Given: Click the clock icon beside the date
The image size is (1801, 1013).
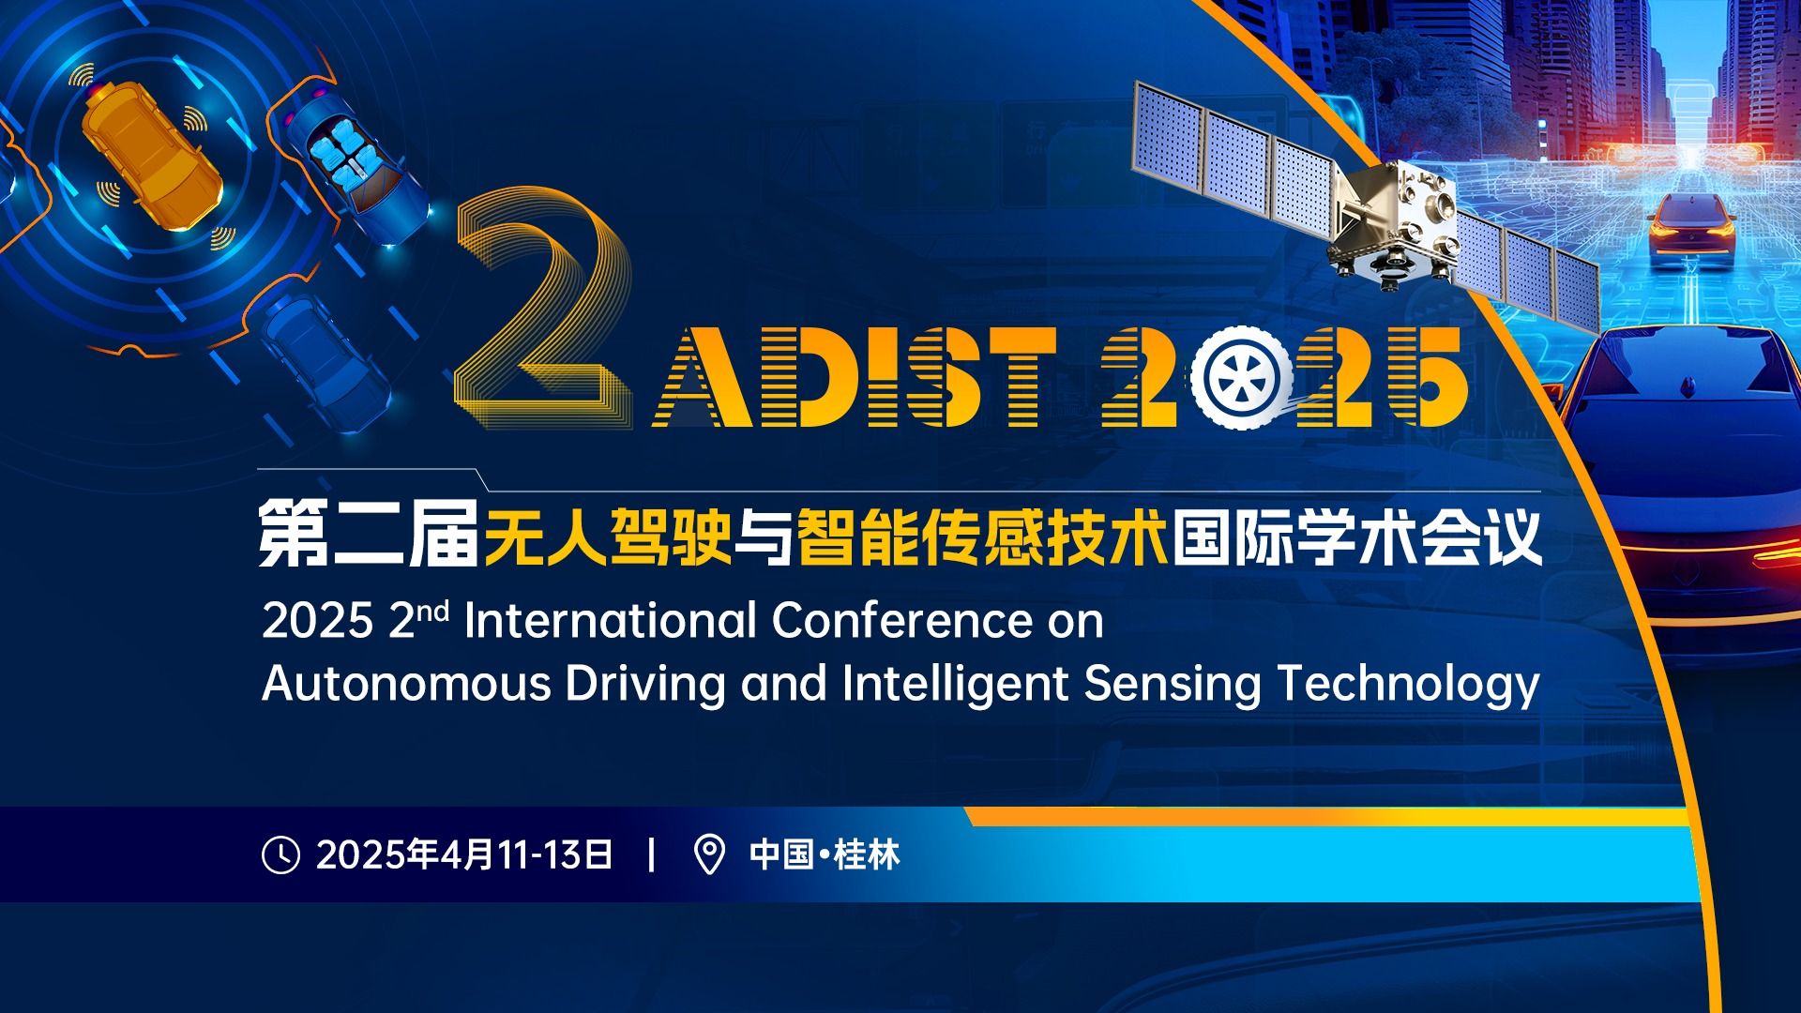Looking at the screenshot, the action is [280, 854].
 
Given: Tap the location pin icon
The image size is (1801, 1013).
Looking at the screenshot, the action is [709, 854].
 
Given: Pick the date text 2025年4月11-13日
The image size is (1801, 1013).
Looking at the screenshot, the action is [464, 855].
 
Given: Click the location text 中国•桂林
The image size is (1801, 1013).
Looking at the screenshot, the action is [825, 855].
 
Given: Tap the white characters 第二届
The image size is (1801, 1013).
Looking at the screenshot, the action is [369, 536].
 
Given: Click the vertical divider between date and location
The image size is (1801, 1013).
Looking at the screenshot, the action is [652, 855].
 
